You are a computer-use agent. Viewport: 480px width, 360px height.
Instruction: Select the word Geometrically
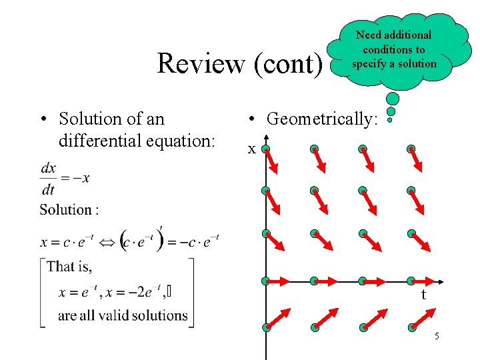[322, 119]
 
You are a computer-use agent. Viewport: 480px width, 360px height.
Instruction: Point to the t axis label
[423, 295]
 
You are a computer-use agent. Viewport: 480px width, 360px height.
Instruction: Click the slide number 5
[437, 336]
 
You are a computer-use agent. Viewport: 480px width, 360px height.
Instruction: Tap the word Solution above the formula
[65, 210]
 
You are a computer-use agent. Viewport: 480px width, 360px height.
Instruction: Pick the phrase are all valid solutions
[123, 315]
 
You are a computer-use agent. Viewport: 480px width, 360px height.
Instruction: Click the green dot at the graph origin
[265, 281]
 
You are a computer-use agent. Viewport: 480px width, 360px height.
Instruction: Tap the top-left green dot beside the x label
[265, 148]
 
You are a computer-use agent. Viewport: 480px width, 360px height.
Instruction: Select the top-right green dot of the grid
[411, 148]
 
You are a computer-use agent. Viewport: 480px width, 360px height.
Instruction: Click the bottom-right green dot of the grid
[411, 327]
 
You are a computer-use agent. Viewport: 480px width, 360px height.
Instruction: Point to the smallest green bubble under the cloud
[390, 121]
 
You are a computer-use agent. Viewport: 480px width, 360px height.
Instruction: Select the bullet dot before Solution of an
[42, 120]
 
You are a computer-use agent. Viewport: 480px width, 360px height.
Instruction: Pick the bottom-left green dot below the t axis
[265, 327]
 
